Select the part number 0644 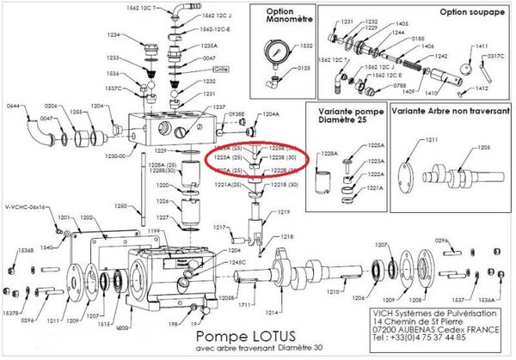(13, 106)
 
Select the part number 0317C (494, 57)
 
